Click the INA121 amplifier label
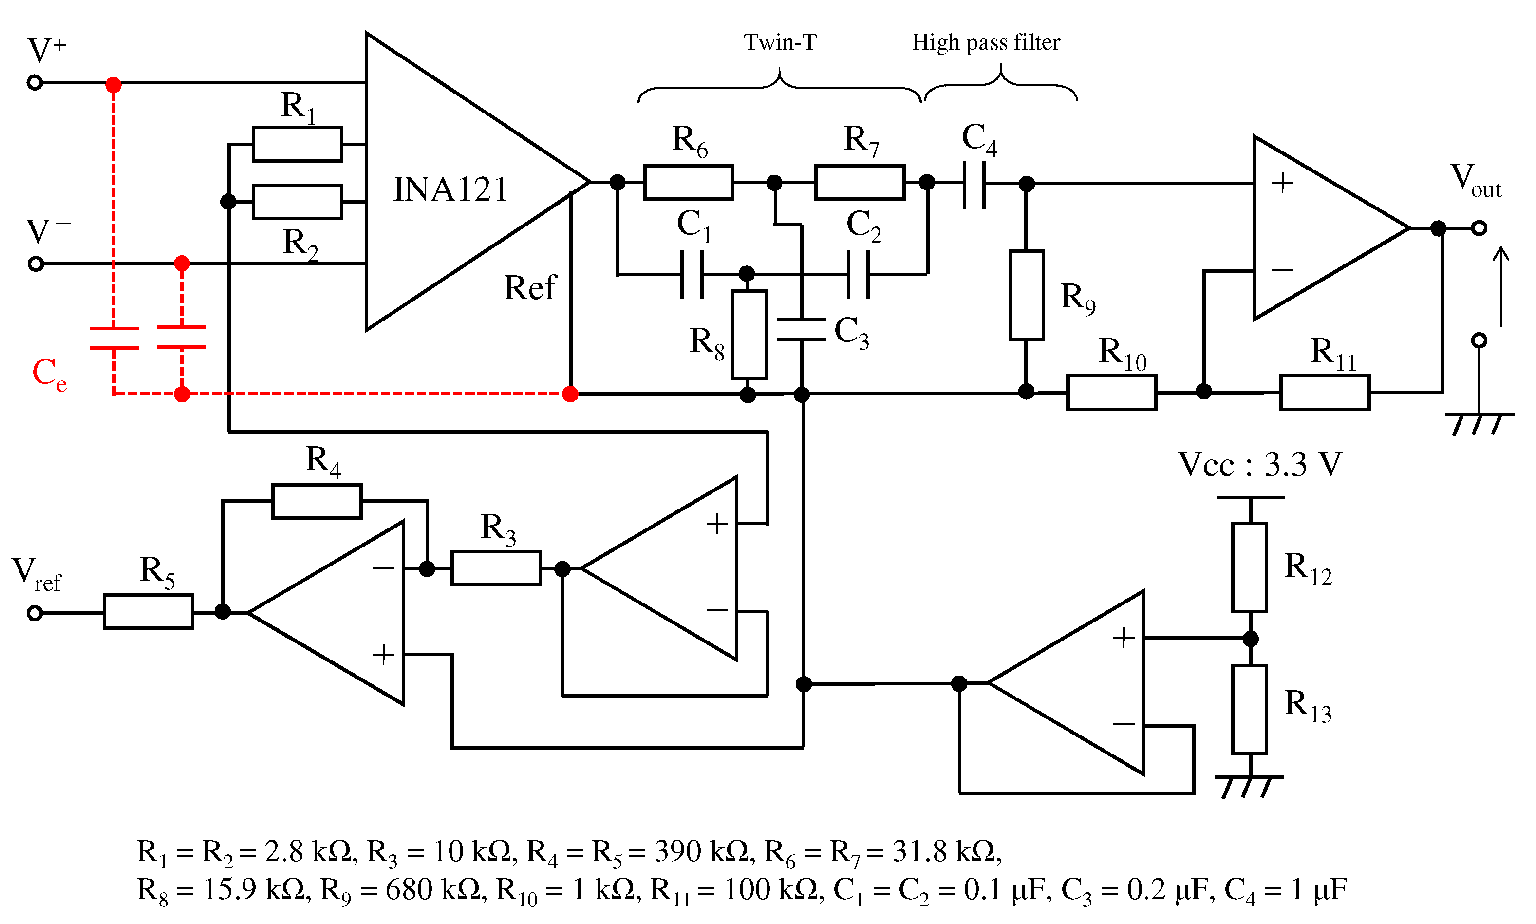450,189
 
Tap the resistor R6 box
688,183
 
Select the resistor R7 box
860,183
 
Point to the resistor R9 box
1026,295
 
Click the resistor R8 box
749,334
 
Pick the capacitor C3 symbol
802,329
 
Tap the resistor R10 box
1111,392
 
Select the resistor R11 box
1324,392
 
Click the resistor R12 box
1249,567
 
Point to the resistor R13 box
1249,709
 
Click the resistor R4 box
317,501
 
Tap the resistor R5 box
148,611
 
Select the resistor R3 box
496,568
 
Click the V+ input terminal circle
35,82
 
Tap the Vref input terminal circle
35,613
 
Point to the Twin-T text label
780,42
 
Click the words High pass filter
986,43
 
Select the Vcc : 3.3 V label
1260,465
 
